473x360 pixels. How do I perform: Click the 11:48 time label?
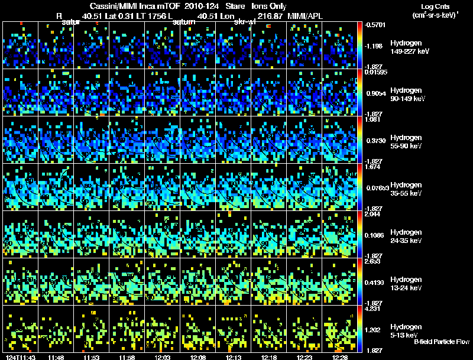[x=57, y=357]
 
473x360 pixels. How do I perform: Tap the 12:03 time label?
[x=163, y=357]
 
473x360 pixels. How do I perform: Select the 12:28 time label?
[x=339, y=357]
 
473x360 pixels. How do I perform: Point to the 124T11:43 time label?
[x=19, y=357]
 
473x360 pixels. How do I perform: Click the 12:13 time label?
[x=234, y=357]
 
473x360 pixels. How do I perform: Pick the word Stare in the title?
[x=226, y=6]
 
